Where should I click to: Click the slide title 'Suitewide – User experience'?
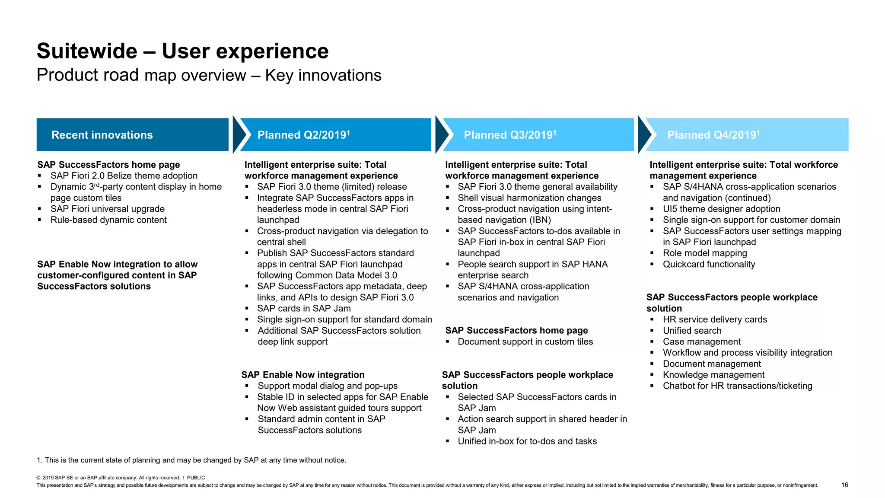182,51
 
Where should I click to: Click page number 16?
844,485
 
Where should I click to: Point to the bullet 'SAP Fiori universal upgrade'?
107,209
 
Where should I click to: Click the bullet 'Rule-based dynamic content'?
108,220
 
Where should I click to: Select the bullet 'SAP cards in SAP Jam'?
303,309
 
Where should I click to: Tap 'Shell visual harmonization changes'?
529,198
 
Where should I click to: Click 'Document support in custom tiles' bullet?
525,342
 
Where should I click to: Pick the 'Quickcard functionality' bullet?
709,265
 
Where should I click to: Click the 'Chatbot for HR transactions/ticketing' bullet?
737,386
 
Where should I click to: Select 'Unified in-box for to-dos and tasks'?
527,441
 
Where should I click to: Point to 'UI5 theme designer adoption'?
721,209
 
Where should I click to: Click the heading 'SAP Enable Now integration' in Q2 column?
302,375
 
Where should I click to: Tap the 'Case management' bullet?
701,342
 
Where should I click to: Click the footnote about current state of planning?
191,460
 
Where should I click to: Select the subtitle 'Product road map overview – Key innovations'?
209,75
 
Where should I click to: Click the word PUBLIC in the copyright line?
196,478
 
